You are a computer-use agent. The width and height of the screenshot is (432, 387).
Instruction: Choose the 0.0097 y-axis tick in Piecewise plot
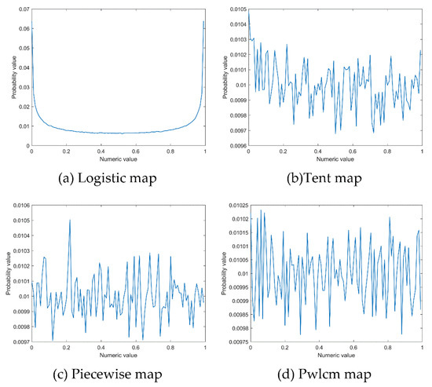(18, 342)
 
